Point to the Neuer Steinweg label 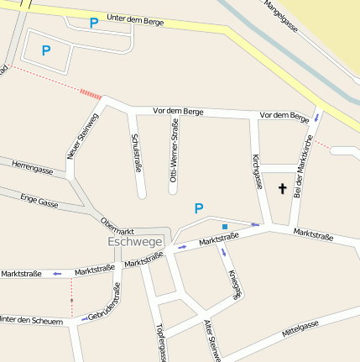pos(82,135)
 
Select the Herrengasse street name pos(33,169)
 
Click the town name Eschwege pos(135,241)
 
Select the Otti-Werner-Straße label pos(174,150)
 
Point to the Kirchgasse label pos(258,171)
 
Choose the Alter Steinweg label pos(211,340)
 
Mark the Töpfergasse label pos(161,344)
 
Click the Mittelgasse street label pos(300,328)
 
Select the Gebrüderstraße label pos(105,303)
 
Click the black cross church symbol pos(282,189)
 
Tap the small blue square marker pos(224,227)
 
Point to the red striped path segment pos(89,92)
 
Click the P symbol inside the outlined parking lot pos(46,50)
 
